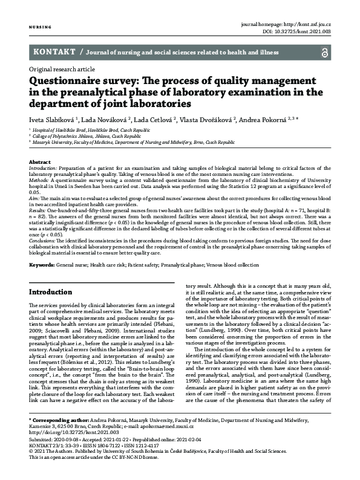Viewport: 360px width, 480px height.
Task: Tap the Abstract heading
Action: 40,163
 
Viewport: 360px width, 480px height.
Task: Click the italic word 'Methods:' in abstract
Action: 41,180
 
